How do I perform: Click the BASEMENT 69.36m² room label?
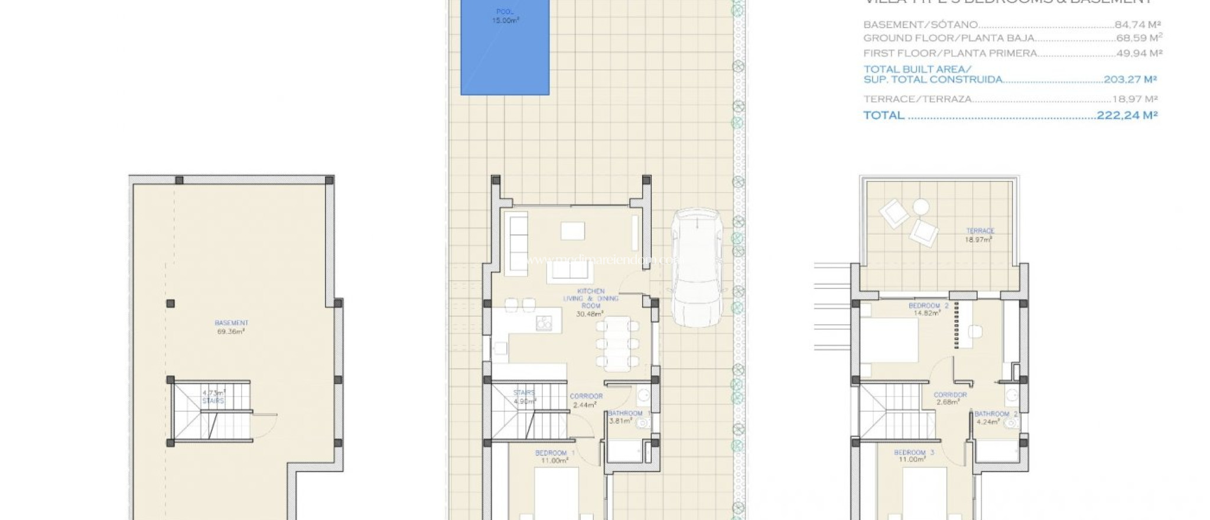coord(231,327)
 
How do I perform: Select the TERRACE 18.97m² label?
coord(980,235)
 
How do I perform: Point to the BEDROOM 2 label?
coord(928,309)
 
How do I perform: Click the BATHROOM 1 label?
coord(624,417)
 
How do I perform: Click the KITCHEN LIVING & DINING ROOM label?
coord(590,302)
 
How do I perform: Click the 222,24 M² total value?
coord(1127,115)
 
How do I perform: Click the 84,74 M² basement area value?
coord(1137,25)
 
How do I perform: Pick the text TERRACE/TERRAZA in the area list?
coord(917,99)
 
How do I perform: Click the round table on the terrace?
coord(920,206)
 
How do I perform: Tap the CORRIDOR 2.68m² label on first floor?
coord(950,398)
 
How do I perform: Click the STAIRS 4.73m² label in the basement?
coord(214,396)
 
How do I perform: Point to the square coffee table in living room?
coord(573,230)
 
